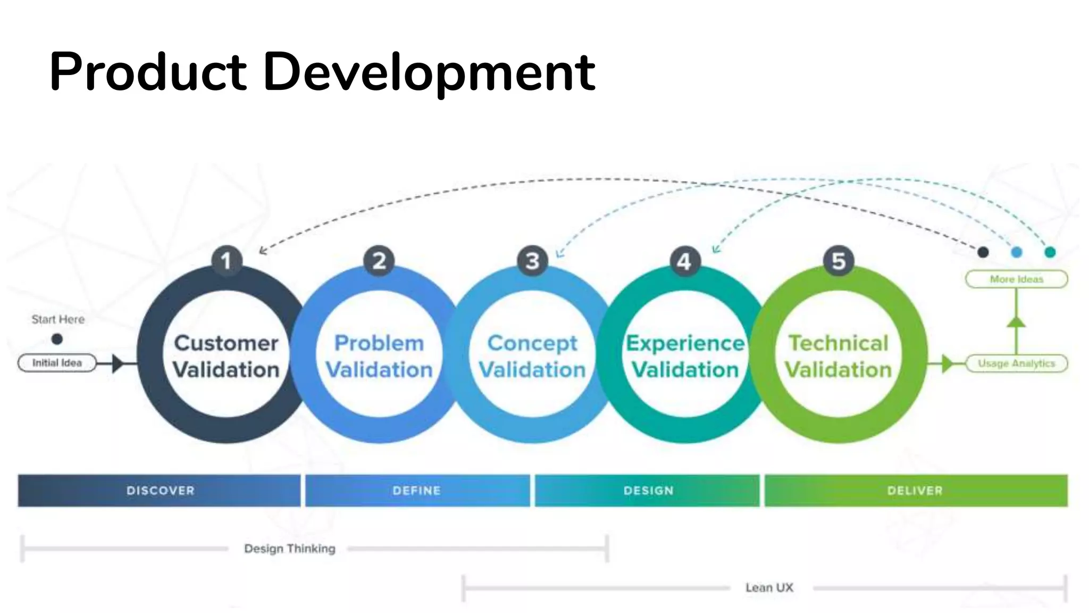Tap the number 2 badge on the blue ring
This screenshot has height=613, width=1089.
click(379, 261)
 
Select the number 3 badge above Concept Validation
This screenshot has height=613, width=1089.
click(532, 261)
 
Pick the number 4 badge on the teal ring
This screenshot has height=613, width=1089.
click(685, 261)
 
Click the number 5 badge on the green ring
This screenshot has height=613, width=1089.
click(839, 261)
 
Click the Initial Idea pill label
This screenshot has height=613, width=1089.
click(57, 363)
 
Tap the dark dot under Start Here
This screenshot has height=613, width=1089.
click(57, 339)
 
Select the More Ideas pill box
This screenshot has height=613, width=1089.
click(1016, 279)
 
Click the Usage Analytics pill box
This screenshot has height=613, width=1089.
click(1016, 363)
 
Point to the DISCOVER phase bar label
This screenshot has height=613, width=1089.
click(160, 491)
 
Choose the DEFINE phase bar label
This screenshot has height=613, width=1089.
click(417, 491)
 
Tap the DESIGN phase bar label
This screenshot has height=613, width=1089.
click(648, 491)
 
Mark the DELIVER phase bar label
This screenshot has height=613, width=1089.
click(915, 491)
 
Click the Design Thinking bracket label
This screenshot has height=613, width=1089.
click(290, 549)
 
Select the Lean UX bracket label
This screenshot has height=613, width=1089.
click(769, 588)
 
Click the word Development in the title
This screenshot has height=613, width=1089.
click(429, 72)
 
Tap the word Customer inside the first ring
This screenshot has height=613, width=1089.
click(227, 343)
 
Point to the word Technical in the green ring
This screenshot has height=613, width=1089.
click(839, 343)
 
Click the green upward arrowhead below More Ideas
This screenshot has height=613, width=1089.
click(1016, 321)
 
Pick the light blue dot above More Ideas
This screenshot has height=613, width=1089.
click(1017, 252)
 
